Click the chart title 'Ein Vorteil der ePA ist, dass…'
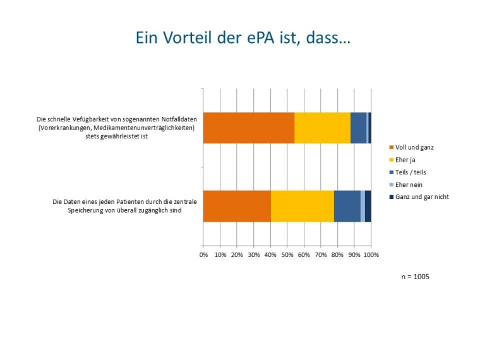click(x=244, y=39)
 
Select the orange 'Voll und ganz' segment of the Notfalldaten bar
click(x=249, y=128)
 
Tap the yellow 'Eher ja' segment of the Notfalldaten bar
click(x=322, y=128)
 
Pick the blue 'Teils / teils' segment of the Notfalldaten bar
click(x=358, y=128)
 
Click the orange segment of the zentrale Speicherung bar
click(x=237, y=206)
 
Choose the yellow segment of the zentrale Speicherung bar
click(x=302, y=206)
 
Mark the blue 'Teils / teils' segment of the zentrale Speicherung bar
click(x=347, y=206)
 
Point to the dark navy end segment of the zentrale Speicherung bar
click(x=368, y=206)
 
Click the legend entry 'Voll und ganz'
click(x=414, y=147)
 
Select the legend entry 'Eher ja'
click(x=405, y=160)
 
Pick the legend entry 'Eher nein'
click(x=409, y=184)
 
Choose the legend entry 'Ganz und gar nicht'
click(x=421, y=197)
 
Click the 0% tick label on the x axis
click(x=203, y=255)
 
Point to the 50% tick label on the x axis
click(x=287, y=255)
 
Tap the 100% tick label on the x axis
click(x=371, y=255)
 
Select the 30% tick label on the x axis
click(x=254, y=255)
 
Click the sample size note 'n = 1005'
click(x=416, y=277)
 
